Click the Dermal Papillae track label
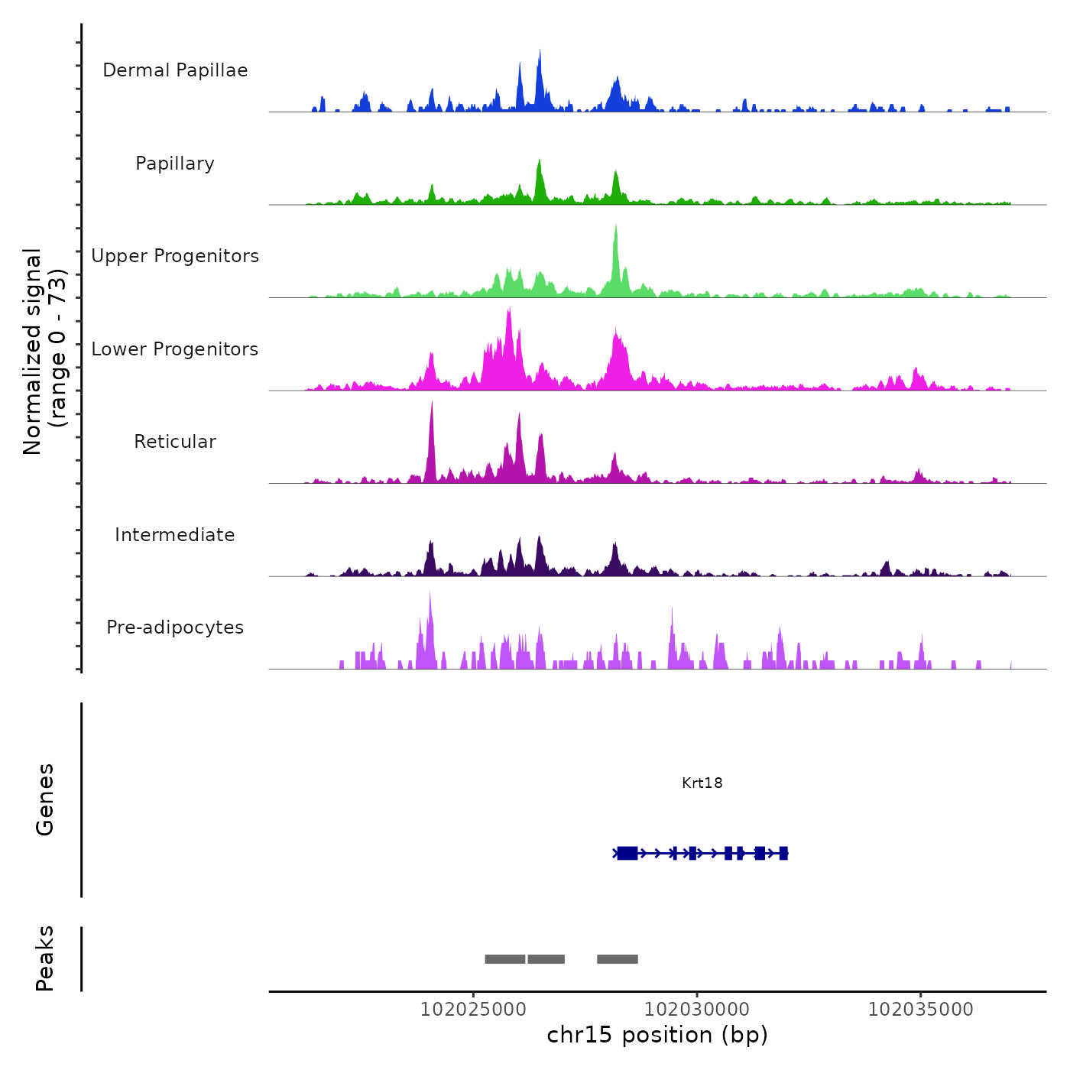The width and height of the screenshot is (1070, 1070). coord(175,70)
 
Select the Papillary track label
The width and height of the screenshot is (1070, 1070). coord(175,164)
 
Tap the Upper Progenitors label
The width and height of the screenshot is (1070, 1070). coord(175,256)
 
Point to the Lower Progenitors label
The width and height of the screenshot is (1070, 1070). coord(175,349)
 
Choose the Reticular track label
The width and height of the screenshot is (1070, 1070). coord(175,442)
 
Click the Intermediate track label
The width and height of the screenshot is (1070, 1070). coord(175,535)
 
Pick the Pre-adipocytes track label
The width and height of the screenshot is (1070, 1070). coord(175,627)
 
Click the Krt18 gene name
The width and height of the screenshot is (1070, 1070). coord(702,783)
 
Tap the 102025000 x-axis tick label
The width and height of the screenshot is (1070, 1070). coord(473,1010)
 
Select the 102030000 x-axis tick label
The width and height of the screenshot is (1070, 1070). coord(697,1010)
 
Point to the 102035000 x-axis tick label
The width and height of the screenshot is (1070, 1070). coord(920,1010)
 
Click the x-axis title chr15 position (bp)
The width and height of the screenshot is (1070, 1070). coord(657,1035)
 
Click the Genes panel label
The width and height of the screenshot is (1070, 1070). coord(44,799)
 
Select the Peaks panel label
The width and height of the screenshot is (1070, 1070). coord(44,958)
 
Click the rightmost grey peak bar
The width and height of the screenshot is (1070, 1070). coord(618,959)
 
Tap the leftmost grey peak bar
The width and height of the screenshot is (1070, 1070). coord(504,959)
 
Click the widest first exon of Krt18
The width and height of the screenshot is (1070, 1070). coord(627,853)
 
